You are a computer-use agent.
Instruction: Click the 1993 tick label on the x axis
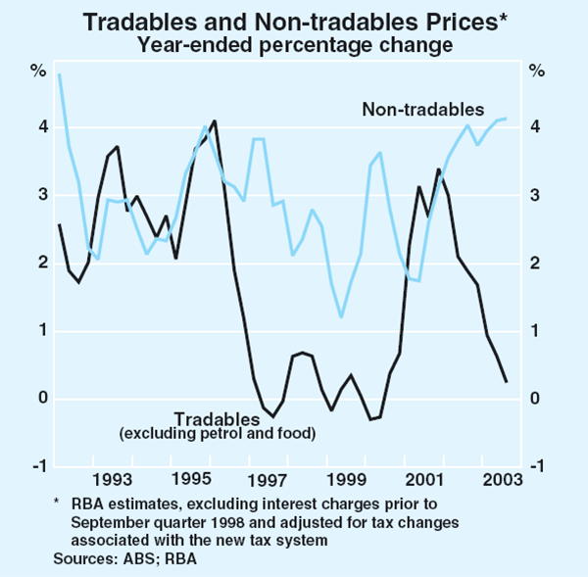(x=113, y=479)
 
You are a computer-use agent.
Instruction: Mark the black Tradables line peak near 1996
(x=215, y=121)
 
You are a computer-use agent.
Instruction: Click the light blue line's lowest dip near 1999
(x=341, y=316)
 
